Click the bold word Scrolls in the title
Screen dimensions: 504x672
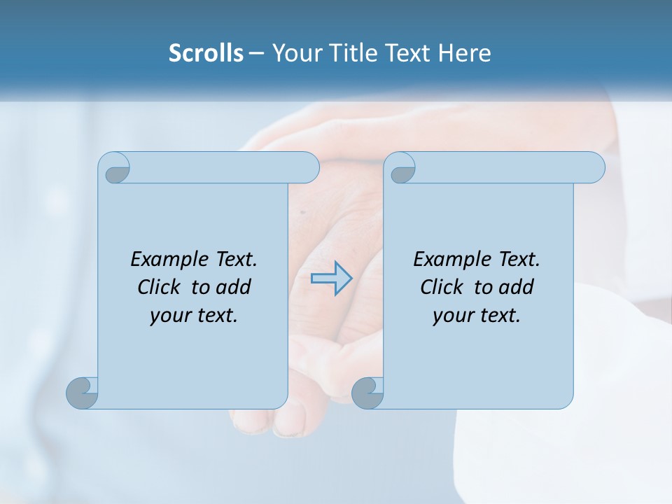click(206, 53)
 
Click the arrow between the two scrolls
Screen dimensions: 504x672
click(331, 278)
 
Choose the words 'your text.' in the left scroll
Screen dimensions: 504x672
click(194, 316)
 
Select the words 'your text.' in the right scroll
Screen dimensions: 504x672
click(477, 316)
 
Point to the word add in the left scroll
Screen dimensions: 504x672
click(233, 287)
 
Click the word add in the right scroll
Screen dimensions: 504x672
click(516, 287)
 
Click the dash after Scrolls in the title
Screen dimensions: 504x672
click(257, 53)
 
